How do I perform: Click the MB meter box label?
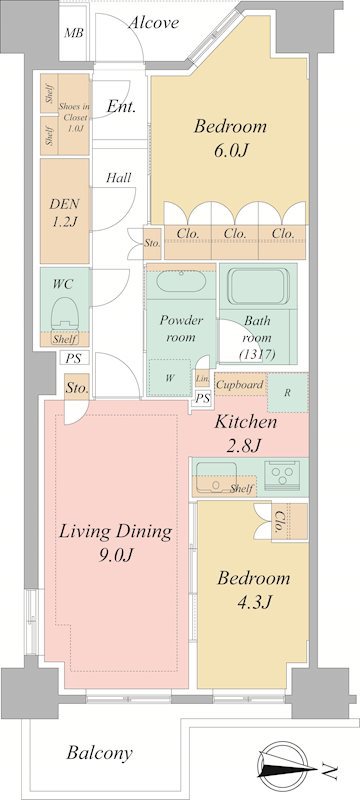[x=74, y=33]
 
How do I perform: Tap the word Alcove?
[x=153, y=22]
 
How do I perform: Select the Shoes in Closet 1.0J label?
[x=74, y=117]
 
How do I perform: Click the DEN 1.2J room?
[x=65, y=211]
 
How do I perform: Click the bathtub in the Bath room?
[x=258, y=286]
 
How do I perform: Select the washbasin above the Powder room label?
[x=180, y=282]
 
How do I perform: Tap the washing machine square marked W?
[x=170, y=377]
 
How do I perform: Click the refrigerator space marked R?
[x=288, y=393]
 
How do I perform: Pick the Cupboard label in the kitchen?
[x=240, y=385]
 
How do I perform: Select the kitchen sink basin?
[x=217, y=477]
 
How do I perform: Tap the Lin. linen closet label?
[x=202, y=379]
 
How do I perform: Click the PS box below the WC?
[x=73, y=358]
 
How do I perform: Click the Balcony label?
[x=100, y=753]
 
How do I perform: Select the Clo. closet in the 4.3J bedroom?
[x=290, y=522]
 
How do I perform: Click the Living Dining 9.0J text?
[x=116, y=542]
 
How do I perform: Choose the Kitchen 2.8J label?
[x=245, y=433]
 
